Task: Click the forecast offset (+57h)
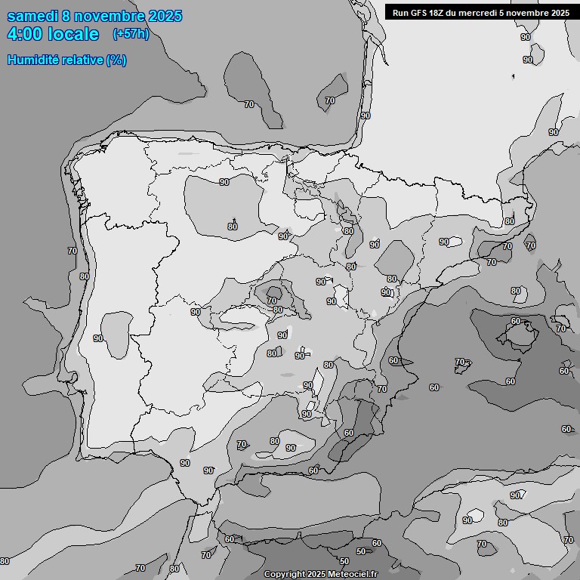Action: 130,34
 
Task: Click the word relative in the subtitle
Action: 85,60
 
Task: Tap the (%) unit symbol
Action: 116,60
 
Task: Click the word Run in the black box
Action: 400,12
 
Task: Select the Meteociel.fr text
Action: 352,574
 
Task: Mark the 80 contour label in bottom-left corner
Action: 5,561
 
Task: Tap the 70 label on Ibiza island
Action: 460,362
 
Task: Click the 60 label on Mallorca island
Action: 516,322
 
